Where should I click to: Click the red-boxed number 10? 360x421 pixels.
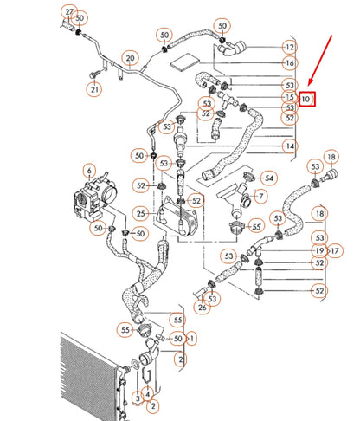coord(306,99)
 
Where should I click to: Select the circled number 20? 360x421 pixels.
coord(130,59)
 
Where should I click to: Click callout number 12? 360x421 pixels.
coord(289,46)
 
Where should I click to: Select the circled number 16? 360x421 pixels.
coord(289,64)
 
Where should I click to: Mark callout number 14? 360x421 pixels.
coord(289,146)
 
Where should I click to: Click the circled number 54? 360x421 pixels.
coord(269,178)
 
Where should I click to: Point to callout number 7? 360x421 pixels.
coord(256,199)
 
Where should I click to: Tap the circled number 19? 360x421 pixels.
coord(319,250)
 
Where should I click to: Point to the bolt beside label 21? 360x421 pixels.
coord(91,75)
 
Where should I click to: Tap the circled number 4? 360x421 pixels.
coord(155,394)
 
